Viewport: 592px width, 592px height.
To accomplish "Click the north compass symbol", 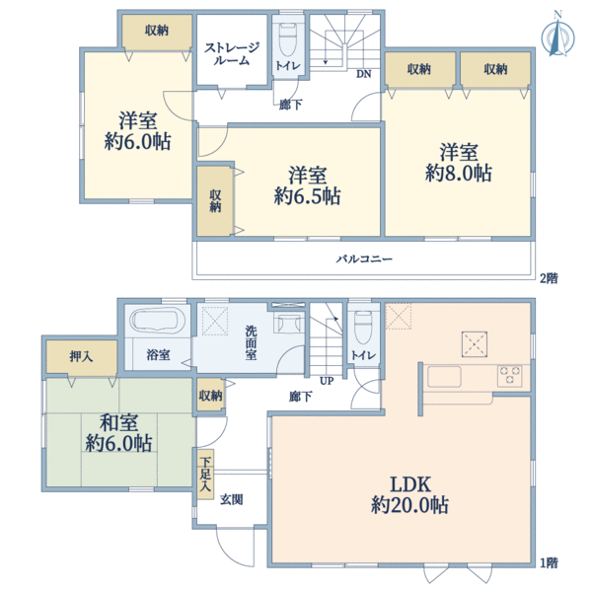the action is pos(557,35).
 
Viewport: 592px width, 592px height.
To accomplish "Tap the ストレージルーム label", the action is pos(232,53).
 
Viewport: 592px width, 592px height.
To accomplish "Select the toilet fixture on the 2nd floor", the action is pos(288,40).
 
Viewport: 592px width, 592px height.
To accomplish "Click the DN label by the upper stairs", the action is pos(363,74).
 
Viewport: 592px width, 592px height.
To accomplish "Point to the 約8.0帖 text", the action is pos(459,173).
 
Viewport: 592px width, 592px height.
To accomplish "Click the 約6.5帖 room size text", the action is pos(307,196).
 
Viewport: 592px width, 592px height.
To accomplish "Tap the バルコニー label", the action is pos(364,259).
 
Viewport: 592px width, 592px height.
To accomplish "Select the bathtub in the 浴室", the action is pos(157,321).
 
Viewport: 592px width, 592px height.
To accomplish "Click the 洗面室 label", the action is pos(251,342).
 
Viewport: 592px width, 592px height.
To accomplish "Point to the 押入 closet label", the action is pos(81,356).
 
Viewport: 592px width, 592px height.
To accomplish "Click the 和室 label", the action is pos(118,422).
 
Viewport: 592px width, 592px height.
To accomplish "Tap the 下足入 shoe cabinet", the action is pos(205,475).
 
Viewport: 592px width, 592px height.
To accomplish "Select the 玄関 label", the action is pos(232,500).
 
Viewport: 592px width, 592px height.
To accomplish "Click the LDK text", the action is pos(410,484).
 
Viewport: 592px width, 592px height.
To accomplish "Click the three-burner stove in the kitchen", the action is pos(510,376).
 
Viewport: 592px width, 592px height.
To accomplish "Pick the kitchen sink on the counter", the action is pos(444,377).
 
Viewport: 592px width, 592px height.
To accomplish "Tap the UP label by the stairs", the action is pos(327,381).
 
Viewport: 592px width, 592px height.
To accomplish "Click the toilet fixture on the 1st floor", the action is pos(363,327).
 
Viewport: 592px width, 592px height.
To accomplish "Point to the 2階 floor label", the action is pos(549,278).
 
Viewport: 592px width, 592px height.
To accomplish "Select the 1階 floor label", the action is pos(549,563).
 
